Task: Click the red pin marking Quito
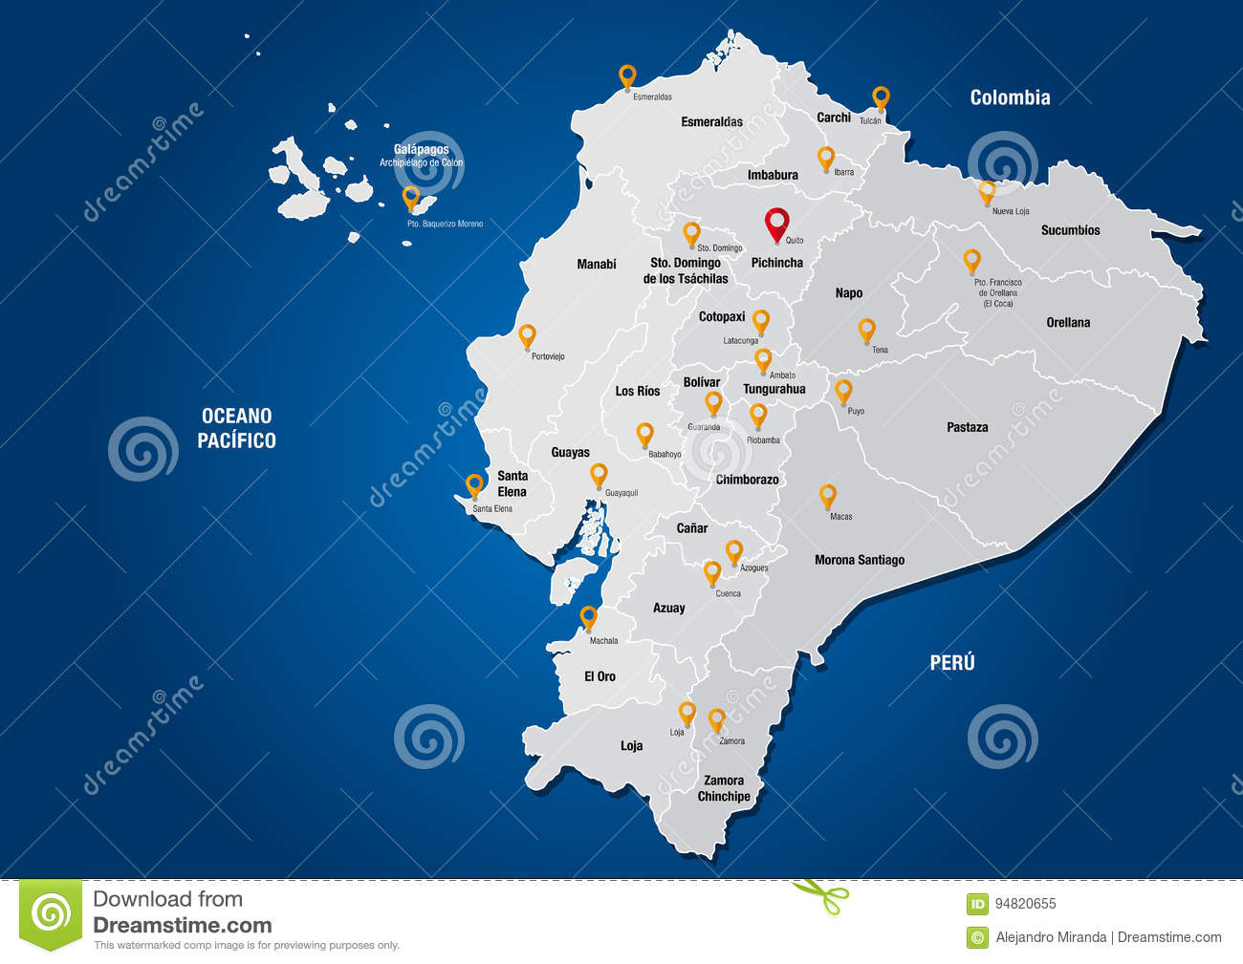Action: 778,223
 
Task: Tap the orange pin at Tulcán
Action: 881,96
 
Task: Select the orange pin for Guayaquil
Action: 599,473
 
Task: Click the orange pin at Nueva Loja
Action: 987,190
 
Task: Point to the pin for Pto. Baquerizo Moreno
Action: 411,197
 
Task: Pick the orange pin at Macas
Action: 828,494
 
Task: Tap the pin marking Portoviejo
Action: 527,334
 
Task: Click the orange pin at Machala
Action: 589,616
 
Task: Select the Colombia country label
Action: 1010,97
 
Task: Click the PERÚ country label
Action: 952,662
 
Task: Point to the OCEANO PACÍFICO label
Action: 237,428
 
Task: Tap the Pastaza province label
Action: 968,427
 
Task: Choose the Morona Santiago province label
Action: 859,560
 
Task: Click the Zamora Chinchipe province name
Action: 724,788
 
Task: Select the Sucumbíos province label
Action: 1070,230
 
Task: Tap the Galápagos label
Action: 421,150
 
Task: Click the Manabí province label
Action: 597,264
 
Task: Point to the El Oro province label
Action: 600,676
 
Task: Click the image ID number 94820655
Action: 1025,904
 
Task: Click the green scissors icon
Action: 820,895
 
